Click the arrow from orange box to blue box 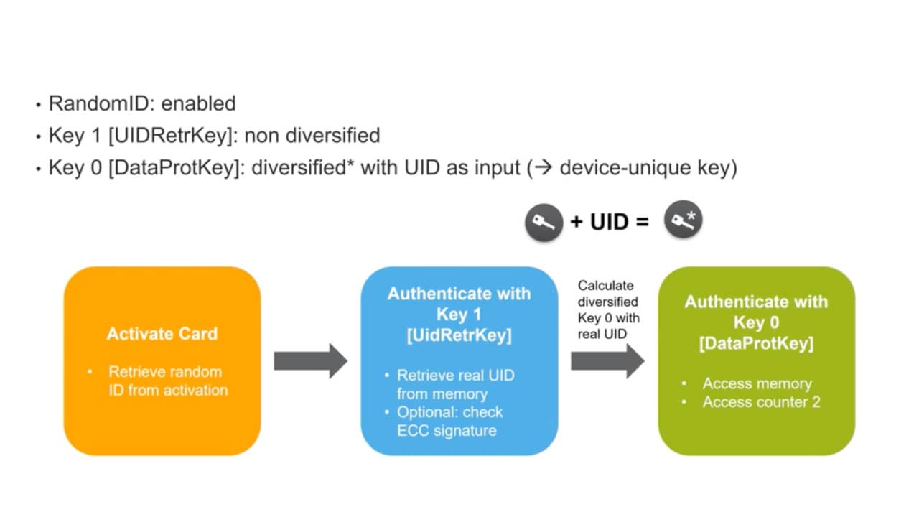[x=310, y=360]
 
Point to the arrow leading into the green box [x=607, y=361]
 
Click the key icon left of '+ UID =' [x=544, y=222]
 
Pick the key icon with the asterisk [x=682, y=220]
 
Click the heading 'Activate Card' [x=162, y=334]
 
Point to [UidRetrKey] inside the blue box [x=459, y=335]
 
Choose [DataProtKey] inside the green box [x=756, y=343]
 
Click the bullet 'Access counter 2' [x=760, y=402]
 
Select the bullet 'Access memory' [x=757, y=383]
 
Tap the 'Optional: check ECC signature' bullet [x=449, y=421]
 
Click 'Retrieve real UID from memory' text [x=455, y=384]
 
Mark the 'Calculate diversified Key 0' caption [x=608, y=309]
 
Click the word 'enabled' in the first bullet [x=198, y=103]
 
